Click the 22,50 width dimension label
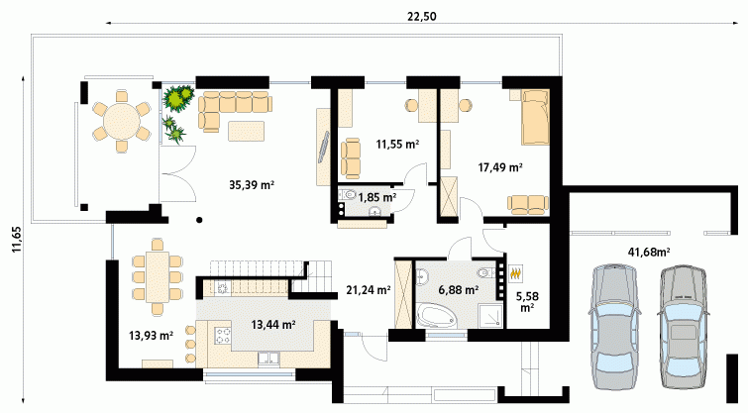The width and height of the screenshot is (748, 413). point(422,16)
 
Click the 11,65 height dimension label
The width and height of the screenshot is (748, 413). point(17,240)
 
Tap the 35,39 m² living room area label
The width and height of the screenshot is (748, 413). point(252,185)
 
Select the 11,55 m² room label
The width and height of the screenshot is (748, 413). point(397,144)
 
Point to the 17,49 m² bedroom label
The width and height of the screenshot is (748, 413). point(500,167)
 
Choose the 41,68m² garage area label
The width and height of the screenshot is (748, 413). point(648,252)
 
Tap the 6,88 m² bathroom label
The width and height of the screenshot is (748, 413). point(459,289)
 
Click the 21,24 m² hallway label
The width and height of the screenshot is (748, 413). point(369,289)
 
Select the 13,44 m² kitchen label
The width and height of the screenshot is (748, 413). point(273,325)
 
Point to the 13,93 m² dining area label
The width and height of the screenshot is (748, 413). point(151,336)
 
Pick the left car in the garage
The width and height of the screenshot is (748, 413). point(614,326)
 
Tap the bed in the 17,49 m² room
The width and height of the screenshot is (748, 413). point(535,117)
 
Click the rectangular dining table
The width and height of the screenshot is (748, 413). point(158,276)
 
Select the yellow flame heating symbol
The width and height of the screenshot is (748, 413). point(516,273)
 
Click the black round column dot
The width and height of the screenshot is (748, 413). point(199,220)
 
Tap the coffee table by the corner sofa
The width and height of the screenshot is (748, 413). point(246,131)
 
